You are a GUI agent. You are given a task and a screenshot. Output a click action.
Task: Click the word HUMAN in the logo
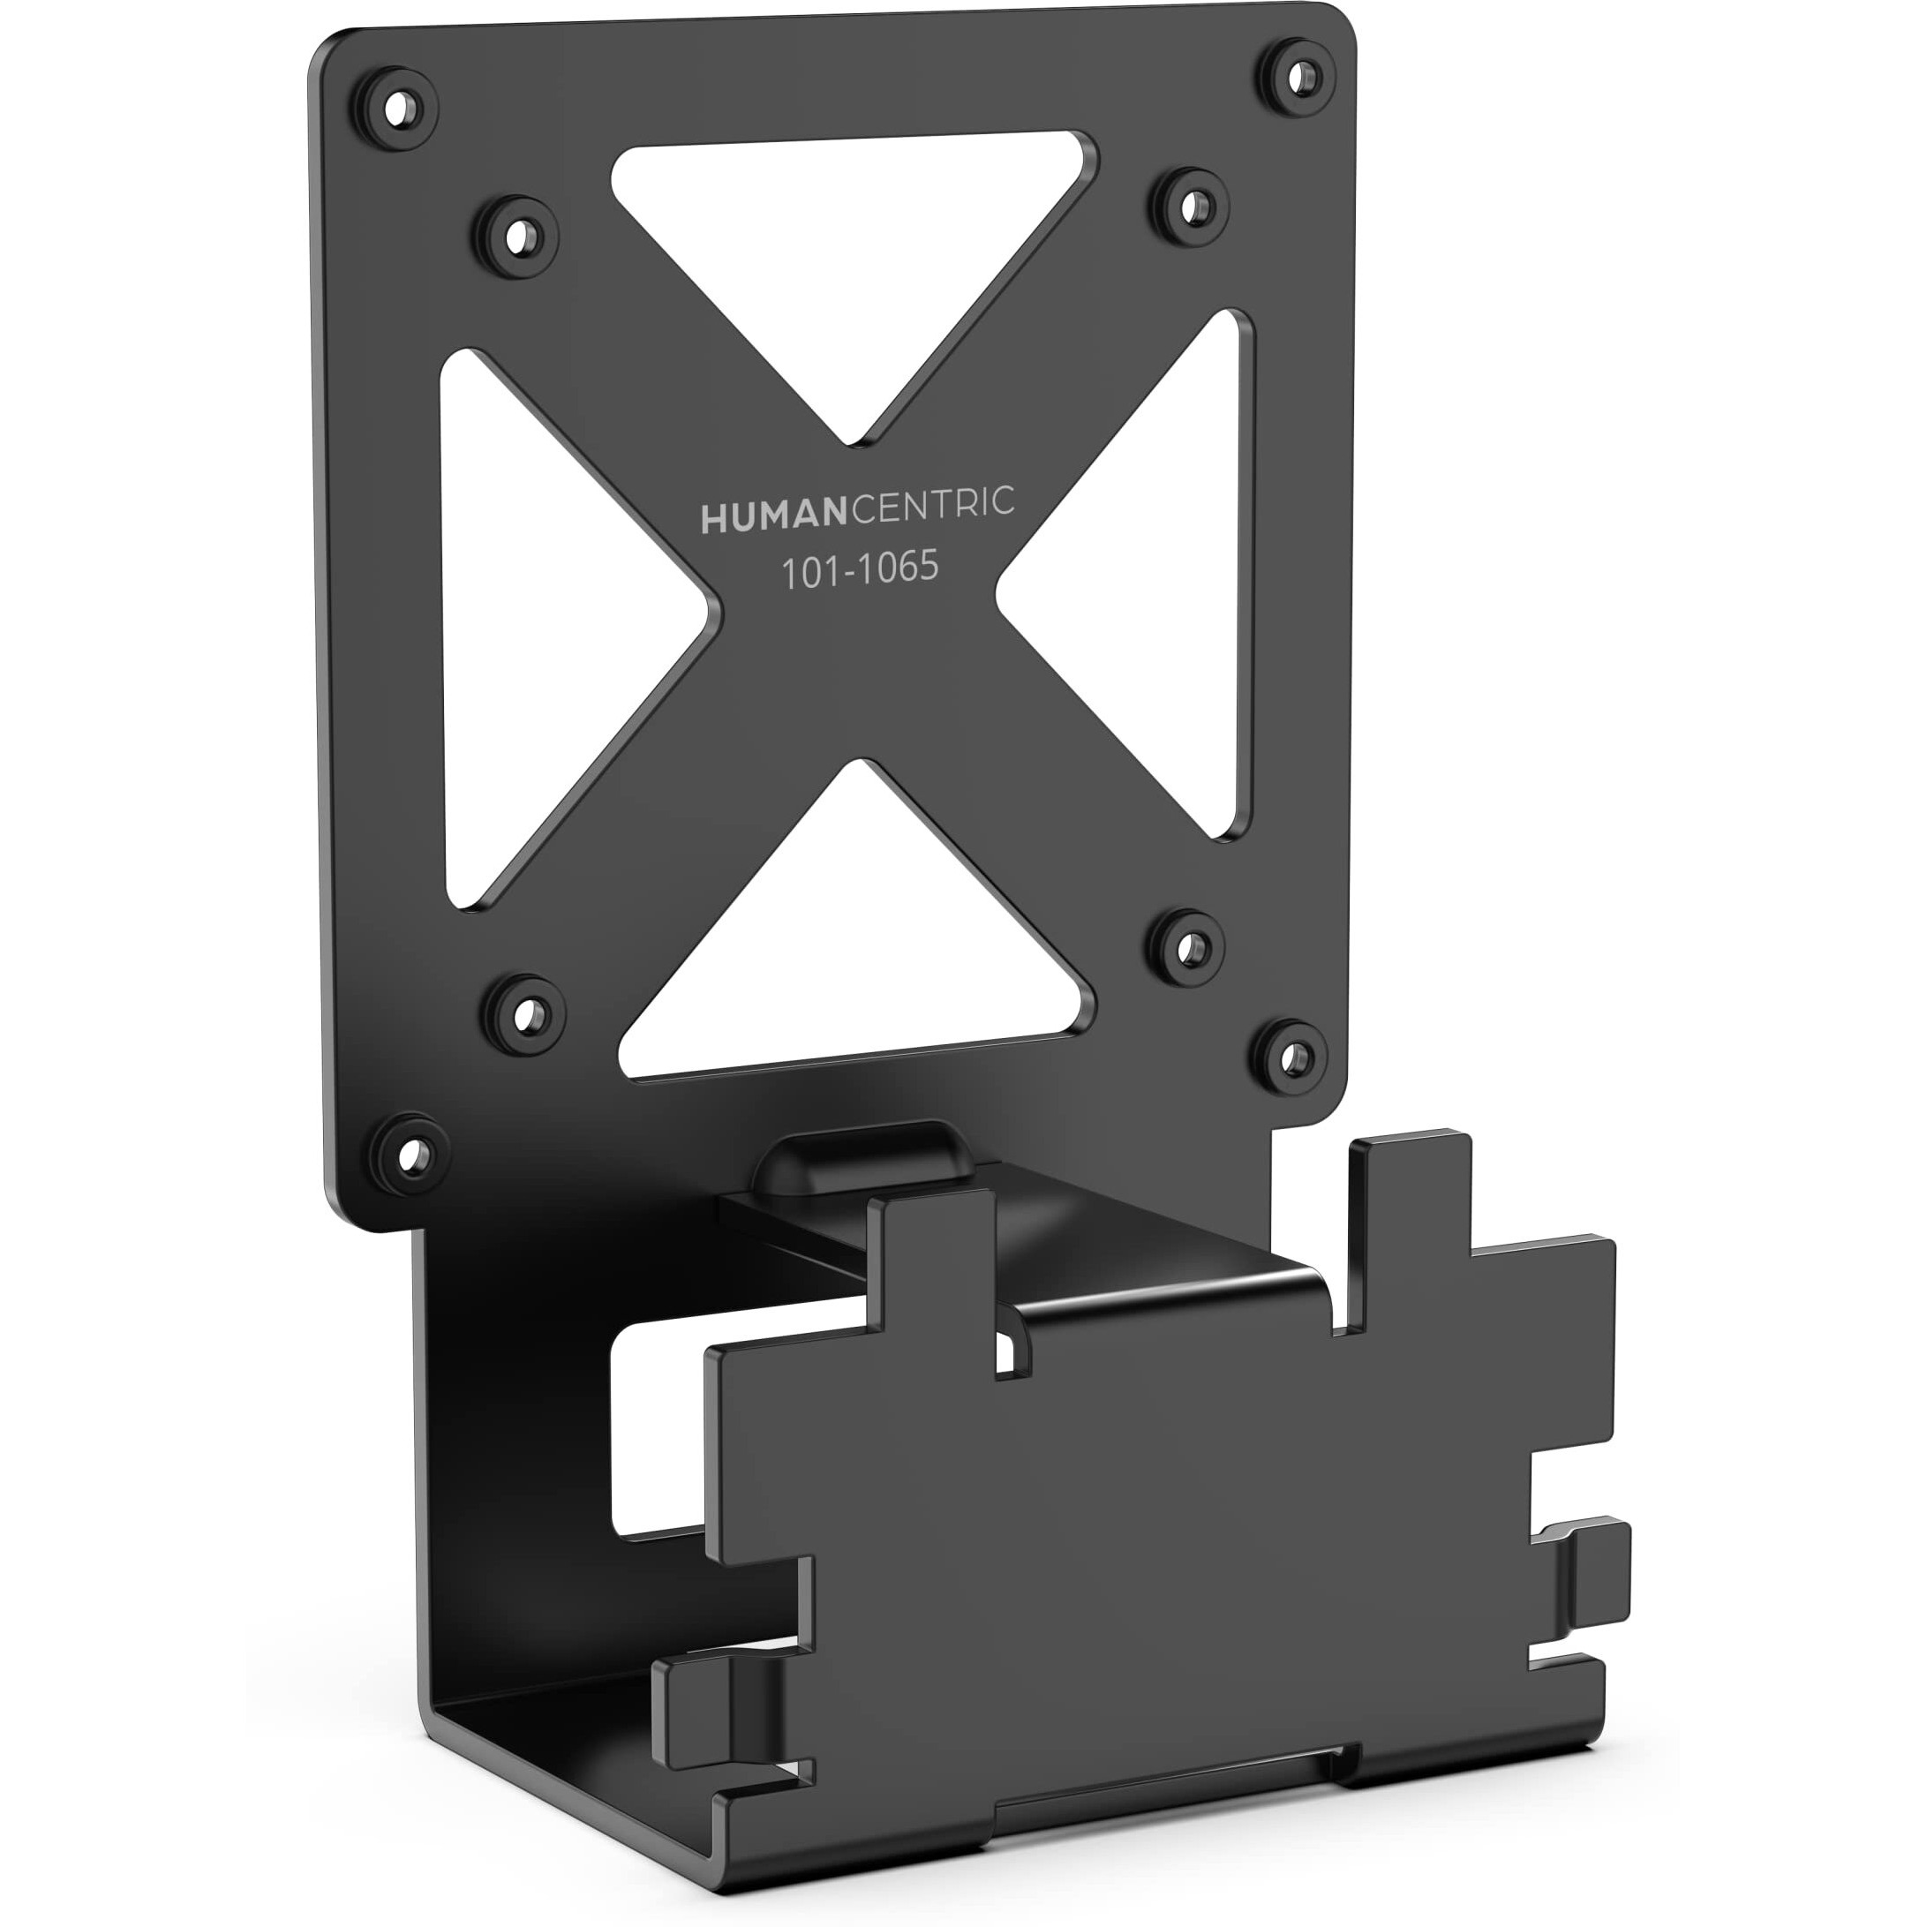pos(773,516)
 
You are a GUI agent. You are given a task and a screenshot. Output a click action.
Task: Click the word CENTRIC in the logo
pos(931,504)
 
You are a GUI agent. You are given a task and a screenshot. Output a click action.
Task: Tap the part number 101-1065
pos(859,569)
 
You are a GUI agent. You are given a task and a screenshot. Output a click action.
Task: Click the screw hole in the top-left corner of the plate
pos(397,107)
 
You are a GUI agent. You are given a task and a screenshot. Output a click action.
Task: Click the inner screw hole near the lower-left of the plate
pos(524,1014)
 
